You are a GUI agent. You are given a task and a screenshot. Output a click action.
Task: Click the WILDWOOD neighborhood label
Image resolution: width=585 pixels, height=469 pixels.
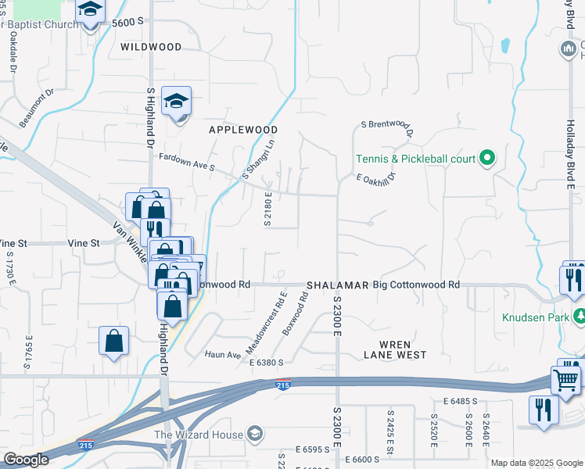151,47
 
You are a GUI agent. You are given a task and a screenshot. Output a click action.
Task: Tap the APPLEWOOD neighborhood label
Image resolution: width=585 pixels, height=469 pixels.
243,129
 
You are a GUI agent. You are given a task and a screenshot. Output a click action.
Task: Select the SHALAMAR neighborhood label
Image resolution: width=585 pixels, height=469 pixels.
337,286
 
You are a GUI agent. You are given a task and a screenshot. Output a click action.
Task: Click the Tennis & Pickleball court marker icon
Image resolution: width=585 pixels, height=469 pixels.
486,159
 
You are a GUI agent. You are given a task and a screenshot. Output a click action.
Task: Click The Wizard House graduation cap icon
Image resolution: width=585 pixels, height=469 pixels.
254,434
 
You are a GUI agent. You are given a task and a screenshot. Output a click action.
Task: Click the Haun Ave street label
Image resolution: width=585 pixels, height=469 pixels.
223,355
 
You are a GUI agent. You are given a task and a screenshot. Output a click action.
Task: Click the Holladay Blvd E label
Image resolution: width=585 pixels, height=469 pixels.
571,154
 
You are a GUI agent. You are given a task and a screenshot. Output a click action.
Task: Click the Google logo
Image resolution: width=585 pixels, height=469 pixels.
26,460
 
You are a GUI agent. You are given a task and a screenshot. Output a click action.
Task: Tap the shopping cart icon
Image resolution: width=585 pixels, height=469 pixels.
566,380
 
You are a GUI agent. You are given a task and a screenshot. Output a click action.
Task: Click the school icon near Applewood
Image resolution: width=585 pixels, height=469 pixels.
177,102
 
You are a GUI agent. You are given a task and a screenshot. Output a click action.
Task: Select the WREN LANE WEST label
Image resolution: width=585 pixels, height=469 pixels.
395,349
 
